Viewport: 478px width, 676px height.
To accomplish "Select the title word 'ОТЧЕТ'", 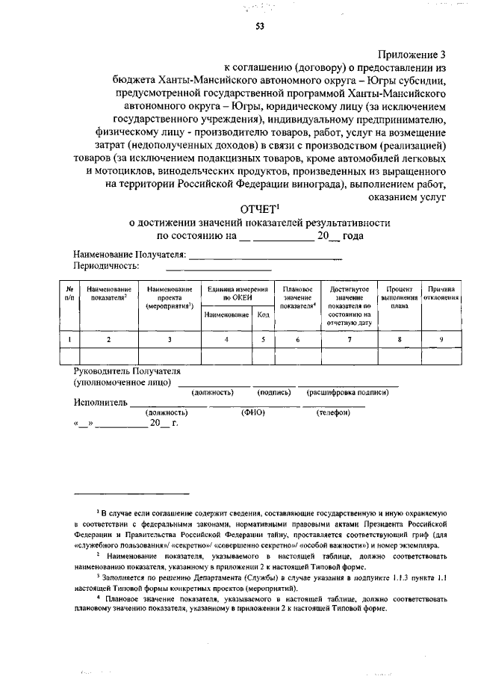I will click(x=257, y=209).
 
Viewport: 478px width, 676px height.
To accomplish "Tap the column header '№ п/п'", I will click(x=69, y=293).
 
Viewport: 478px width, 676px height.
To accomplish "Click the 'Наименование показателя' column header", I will click(x=109, y=293).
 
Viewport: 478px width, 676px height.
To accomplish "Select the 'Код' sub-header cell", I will click(x=263, y=315).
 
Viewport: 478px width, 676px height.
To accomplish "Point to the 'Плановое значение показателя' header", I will click(x=297, y=297).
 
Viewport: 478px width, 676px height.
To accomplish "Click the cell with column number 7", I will click(x=350, y=340).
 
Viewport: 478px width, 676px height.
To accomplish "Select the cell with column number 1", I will click(x=69, y=340).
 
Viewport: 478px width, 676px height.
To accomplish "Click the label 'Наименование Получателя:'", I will click(x=128, y=255).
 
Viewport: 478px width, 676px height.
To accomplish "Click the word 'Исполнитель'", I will click(x=100, y=403).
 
